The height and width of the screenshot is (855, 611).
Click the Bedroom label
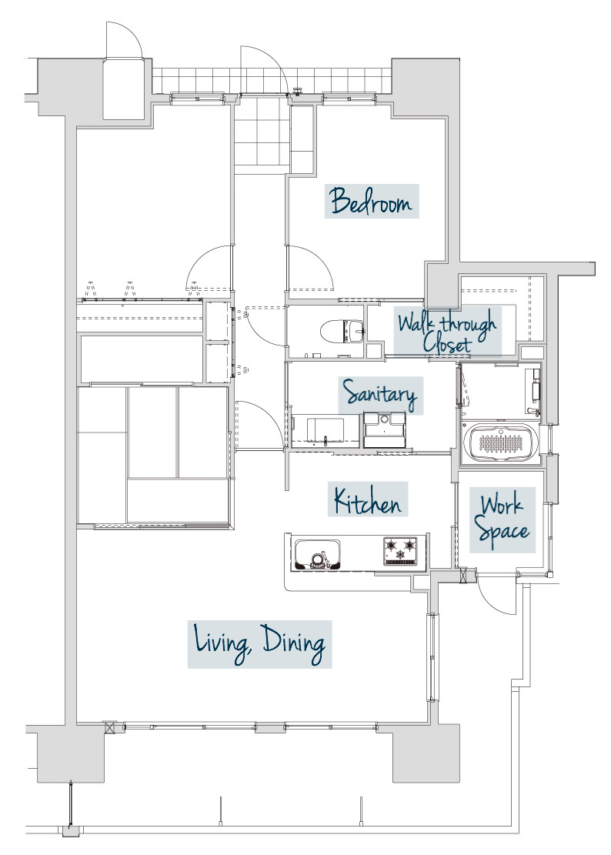pyautogui.click(x=372, y=201)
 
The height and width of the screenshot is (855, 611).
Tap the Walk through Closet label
pyautogui.click(x=447, y=330)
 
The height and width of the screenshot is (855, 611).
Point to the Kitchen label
pyautogui.click(x=368, y=500)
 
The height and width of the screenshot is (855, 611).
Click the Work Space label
pyautogui.click(x=502, y=519)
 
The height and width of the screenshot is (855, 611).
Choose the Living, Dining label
pyautogui.click(x=260, y=643)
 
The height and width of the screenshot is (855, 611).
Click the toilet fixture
pyautogui.click(x=341, y=332)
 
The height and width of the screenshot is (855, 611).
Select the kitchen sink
pyautogui.click(x=317, y=555)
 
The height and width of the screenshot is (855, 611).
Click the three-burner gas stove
pyautogui.click(x=401, y=551)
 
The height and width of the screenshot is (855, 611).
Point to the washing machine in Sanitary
pyautogui.click(x=385, y=429)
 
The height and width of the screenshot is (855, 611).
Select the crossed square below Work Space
pyautogui.click(x=464, y=575)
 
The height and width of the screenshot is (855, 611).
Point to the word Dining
pyautogui.click(x=294, y=643)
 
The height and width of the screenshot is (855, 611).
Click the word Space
pyautogui.click(x=502, y=532)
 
